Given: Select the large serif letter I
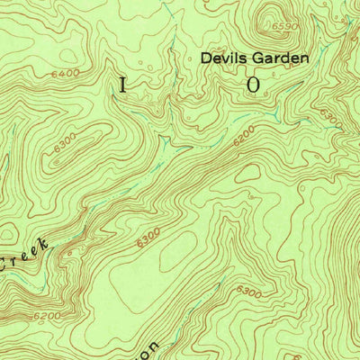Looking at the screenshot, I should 122,85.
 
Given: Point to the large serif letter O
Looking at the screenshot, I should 253,85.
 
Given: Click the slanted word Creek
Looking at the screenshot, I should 27,257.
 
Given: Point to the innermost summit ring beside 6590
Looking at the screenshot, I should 266,20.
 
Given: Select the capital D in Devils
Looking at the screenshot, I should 205,58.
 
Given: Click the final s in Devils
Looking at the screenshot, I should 238,58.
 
